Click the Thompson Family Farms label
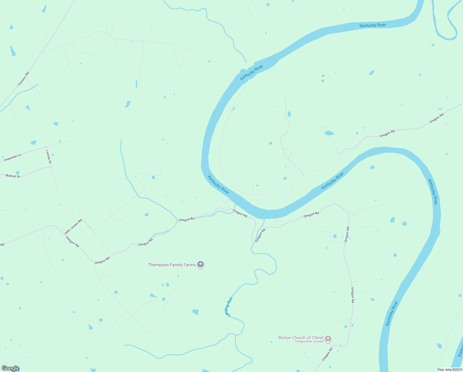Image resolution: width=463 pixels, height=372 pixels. click(171, 265)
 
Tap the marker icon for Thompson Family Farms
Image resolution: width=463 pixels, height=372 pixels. click(201, 264)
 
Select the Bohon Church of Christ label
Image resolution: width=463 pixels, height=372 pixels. click(301, 338)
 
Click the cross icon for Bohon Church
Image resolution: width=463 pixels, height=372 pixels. click(328, 339)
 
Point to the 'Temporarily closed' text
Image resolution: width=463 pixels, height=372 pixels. click(309, 341)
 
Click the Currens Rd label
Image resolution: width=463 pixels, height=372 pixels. click(23, 79)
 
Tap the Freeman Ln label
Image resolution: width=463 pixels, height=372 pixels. click(13, 157)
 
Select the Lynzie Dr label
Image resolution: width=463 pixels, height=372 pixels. click(49, 157)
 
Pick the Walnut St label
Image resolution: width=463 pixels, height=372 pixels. click(13, 176)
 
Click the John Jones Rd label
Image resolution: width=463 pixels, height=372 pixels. click(73, 227)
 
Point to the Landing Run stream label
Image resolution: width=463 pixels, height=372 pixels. click(229, 307)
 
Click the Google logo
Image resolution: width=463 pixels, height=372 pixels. click(11, 368)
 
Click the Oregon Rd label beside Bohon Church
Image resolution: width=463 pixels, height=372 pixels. click(327, 354)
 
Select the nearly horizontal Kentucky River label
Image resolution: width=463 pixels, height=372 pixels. click(373, 25)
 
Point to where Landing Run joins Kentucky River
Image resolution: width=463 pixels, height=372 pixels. click(264, 219)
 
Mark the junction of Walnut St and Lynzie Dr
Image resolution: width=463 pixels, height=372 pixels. click(51, 167)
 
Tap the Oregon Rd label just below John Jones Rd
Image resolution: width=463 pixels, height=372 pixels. click(72, 242)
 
